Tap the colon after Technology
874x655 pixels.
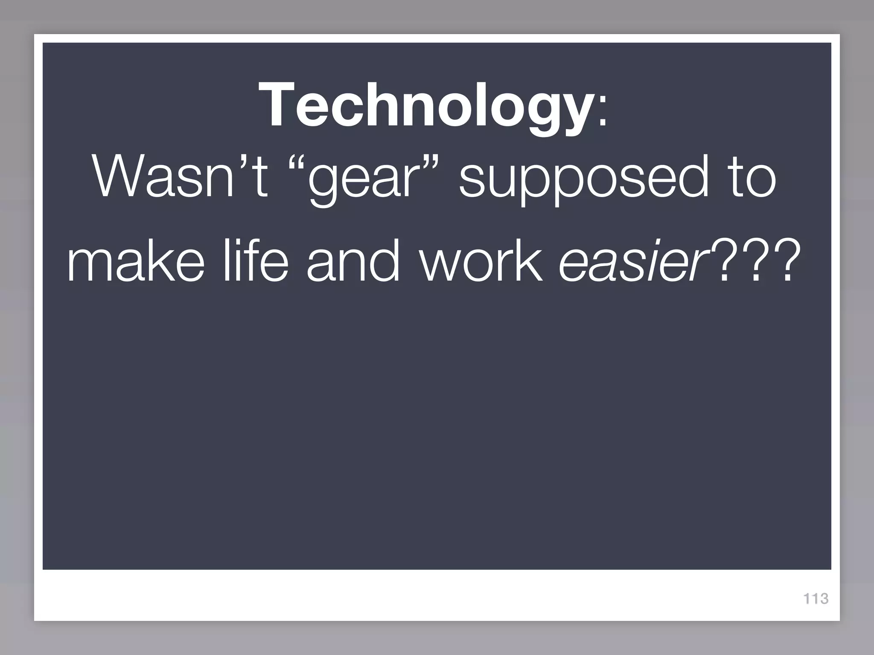[x=603, y=112]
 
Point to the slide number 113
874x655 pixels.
[x=816, y=599]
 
